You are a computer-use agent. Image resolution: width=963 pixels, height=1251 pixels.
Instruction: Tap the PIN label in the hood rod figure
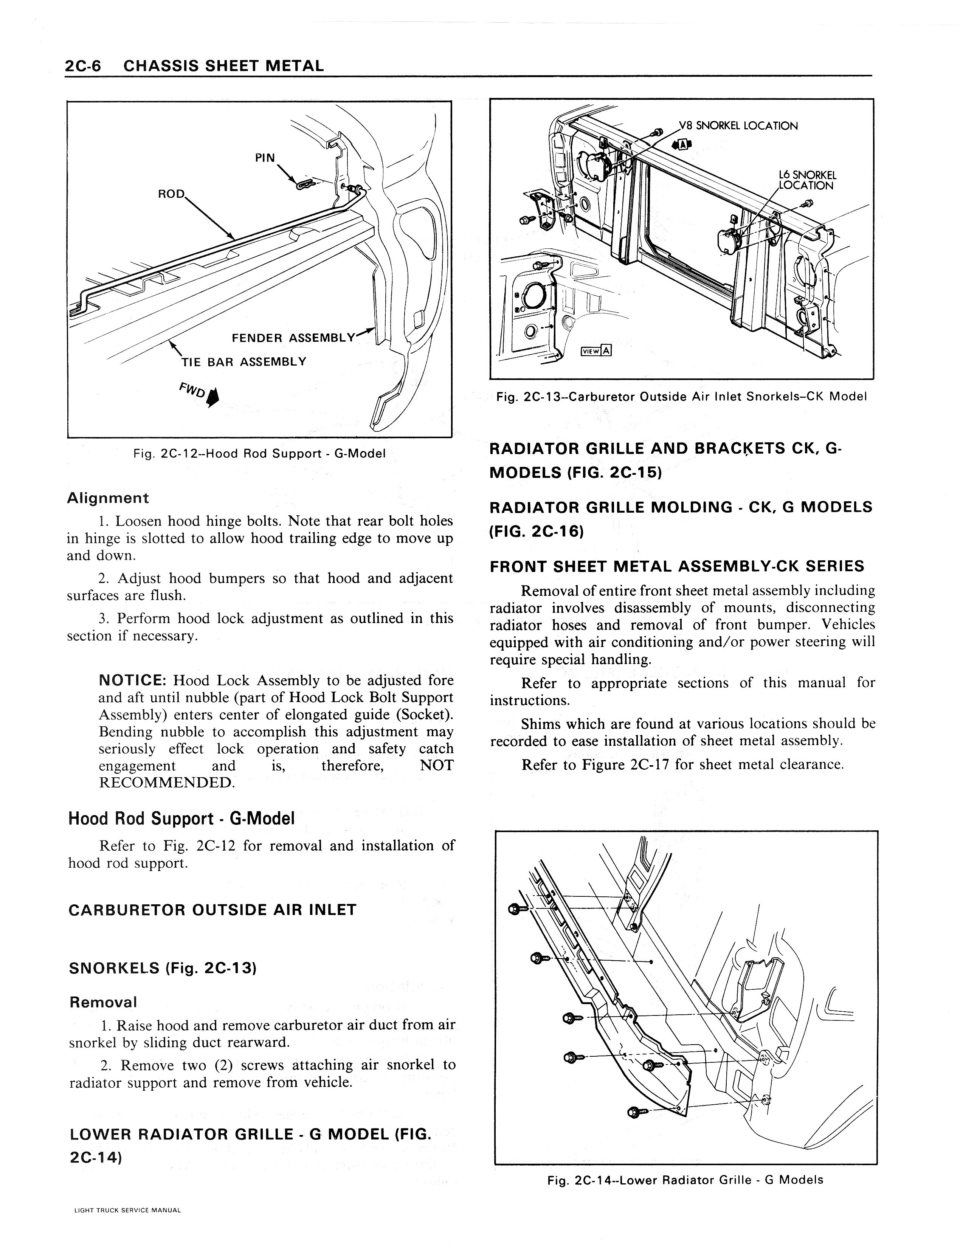[265, 158]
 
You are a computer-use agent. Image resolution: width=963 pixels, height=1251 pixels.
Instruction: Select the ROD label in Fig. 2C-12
[171, 194]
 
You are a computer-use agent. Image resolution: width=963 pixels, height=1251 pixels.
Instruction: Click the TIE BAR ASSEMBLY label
[243, 361]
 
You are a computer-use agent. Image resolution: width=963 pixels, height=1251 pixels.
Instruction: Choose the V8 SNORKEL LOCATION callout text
[738, 126]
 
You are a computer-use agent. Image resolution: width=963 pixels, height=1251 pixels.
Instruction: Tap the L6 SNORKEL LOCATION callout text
[806, 180]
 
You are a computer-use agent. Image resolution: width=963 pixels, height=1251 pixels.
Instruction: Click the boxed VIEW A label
[596, 351]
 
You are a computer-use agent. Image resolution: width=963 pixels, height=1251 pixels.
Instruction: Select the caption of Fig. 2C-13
[681, 396]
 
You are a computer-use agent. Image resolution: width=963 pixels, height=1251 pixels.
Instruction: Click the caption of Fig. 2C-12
[259, 454]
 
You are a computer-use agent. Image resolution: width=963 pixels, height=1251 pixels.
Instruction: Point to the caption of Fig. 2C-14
[685, 1180]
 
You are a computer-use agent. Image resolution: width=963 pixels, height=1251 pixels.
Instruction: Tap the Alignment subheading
[108, 498]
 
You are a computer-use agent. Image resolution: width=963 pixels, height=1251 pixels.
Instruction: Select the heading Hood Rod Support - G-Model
[181, 818]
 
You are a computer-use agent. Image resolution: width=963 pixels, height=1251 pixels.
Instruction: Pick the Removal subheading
[103, 1002]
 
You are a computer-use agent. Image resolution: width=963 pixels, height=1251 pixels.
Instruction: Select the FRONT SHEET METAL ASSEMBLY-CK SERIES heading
[676, 566]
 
